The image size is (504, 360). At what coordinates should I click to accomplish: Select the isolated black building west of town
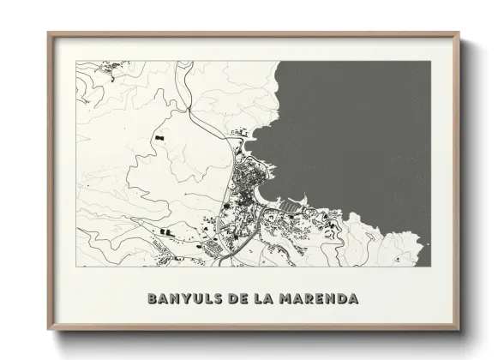coord(159,135)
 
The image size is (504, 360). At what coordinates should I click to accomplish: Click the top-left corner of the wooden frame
coord(49,33)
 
